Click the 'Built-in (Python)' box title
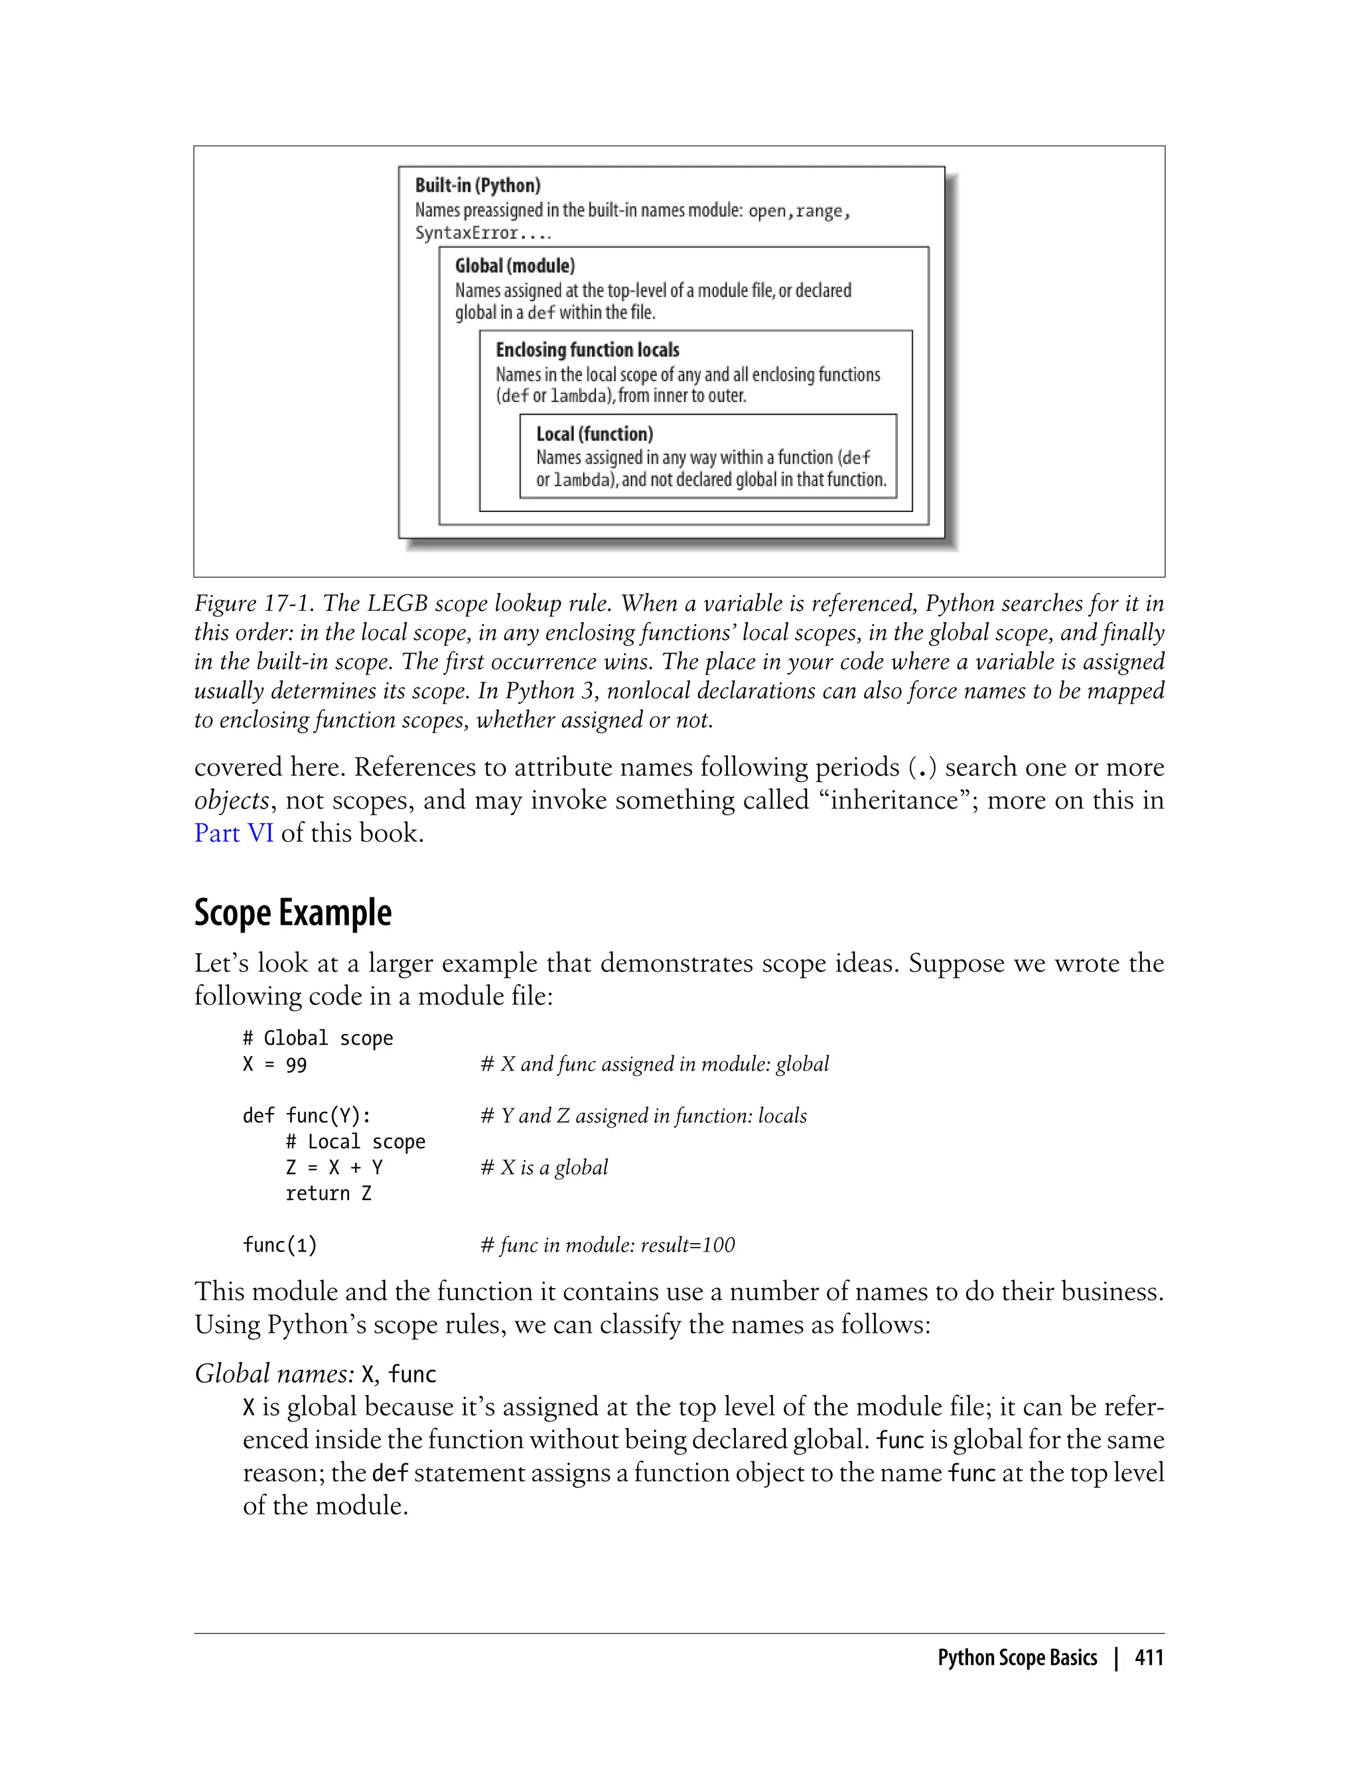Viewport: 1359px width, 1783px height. pos(477,185)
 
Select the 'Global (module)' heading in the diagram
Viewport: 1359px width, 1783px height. pos(514,265)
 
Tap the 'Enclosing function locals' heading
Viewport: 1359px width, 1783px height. pos(587,350)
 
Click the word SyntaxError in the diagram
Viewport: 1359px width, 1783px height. pos(466,233)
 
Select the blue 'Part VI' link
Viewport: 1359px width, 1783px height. pos(234,833)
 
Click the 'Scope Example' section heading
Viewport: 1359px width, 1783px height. pos(293,913)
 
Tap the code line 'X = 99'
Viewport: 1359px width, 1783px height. pos(274,1064)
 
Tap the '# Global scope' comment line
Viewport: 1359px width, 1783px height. pos(318,1038)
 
